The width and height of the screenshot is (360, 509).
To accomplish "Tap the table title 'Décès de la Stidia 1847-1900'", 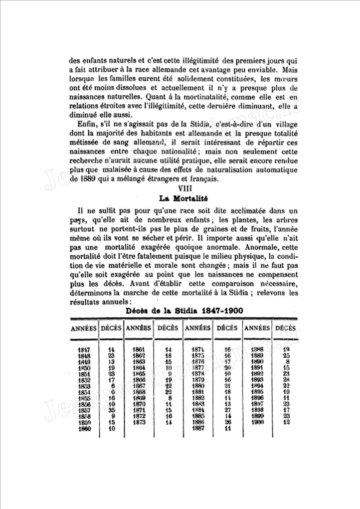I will pyautogui.click(x=184, y=311).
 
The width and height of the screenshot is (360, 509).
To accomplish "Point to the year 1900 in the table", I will pyautogui.click(x=257, y=421).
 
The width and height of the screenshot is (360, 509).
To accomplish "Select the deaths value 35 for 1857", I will pyautogui.click(x=112, y=409).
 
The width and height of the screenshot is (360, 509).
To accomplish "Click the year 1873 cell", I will pyautogui.click(x=139, y=421).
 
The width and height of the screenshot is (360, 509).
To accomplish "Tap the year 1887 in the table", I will pyautogui.click(x=198, y=427).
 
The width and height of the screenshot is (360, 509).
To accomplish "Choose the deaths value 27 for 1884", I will pyautogui.click(x=227, y=409).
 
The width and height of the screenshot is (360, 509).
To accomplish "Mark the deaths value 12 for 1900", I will pyautogui.click(x=287, y=421).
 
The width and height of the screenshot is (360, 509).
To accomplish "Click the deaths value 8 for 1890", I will pyautogui.click(x=288, y=361).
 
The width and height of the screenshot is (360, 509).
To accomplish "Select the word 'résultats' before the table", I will pyautogui.click(x=85, y=302).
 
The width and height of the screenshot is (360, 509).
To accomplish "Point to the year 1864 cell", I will pyautogui.click(x=139, y=367).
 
